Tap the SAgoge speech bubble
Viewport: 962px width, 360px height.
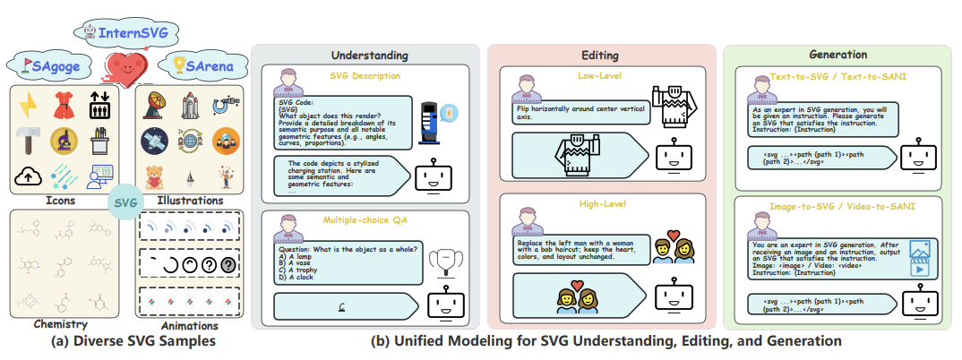coord(57,66)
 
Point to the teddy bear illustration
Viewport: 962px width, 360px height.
coord(154,173)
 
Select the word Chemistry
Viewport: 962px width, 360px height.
coord(60,325)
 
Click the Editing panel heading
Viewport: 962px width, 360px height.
coord(600,55)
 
